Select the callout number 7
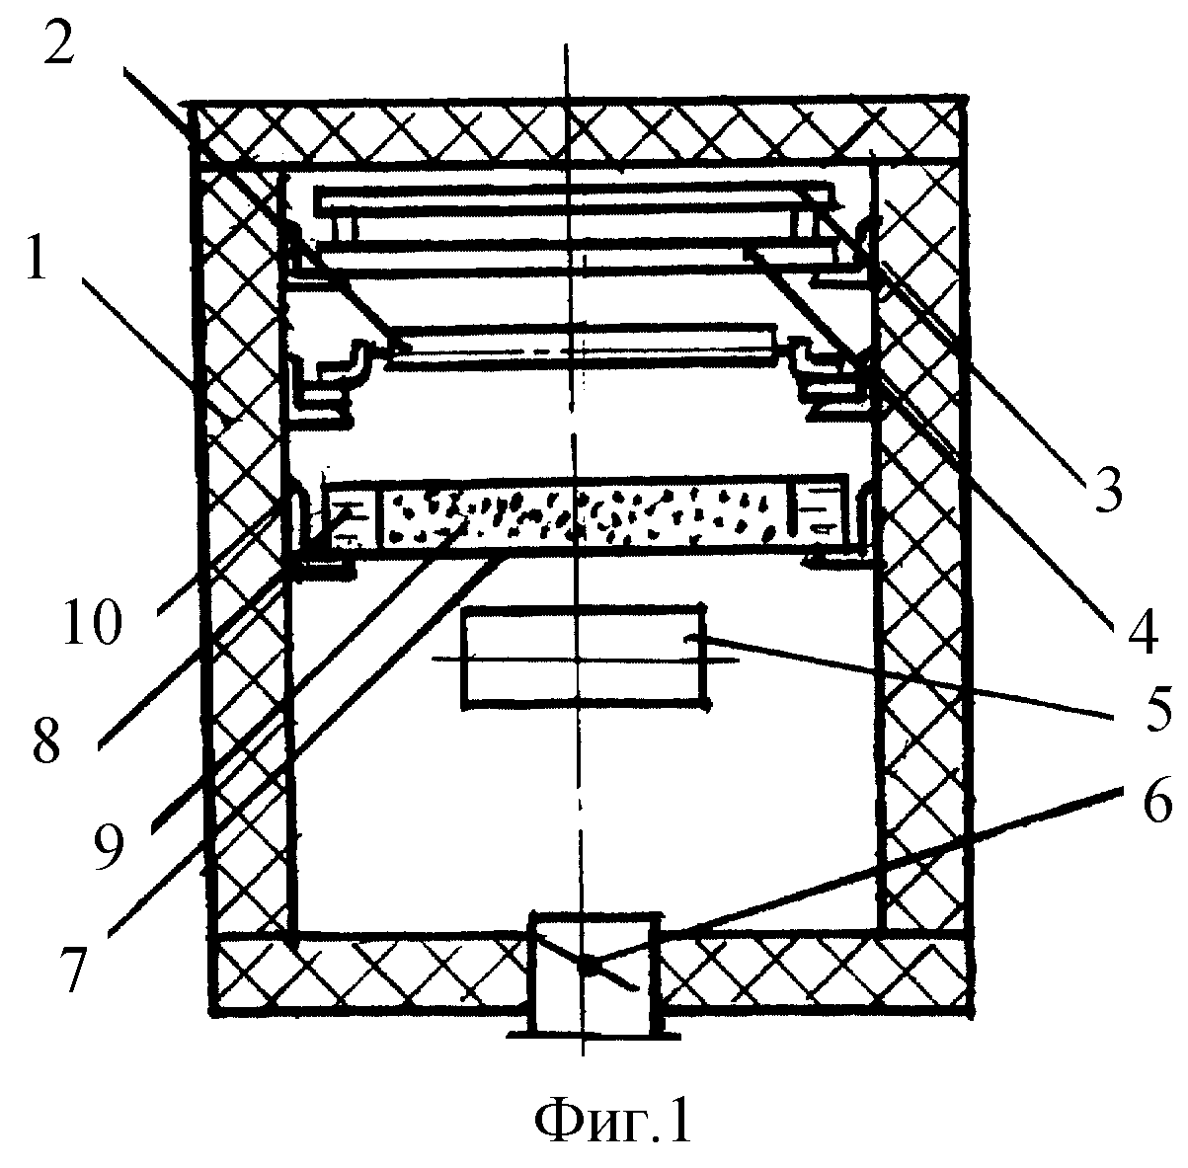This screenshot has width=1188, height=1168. pyautogui.click(x=74, y=970)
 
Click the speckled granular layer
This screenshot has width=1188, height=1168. pyautogui.click(x=585, y=516)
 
